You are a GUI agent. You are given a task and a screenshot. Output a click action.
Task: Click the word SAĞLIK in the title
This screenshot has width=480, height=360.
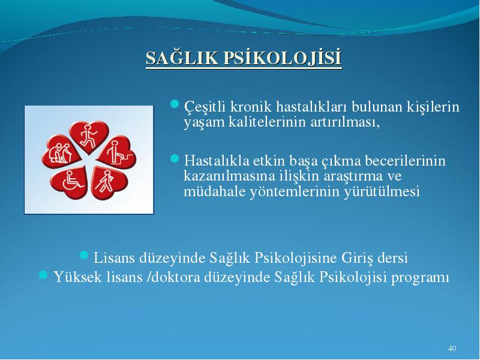pos(182,58)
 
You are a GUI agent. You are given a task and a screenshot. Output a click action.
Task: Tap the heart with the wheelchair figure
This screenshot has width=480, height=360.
pos(70,182)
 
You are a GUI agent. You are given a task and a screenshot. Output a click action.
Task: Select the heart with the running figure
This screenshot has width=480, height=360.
pos(89,136)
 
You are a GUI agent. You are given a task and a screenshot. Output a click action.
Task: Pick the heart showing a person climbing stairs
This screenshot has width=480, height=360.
pos(118,152)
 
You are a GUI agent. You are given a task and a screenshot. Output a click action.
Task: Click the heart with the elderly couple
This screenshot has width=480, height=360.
pos(61,152)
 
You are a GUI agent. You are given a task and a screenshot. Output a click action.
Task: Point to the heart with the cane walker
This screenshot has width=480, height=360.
pos(109,183)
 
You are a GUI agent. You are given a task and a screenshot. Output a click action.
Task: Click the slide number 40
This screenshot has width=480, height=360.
pos(452,348)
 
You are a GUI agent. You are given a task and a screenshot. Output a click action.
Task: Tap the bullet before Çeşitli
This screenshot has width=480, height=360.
pos(174,104)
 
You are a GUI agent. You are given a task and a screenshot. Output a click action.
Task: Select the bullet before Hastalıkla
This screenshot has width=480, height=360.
pos(174,158)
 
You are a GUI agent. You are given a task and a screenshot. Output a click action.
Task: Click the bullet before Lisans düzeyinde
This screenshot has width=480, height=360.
pos(84,255)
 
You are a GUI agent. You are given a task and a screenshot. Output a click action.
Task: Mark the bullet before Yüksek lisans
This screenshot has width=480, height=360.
pos(43,275)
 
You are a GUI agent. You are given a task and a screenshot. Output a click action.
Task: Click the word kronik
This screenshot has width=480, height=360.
pos(251,107)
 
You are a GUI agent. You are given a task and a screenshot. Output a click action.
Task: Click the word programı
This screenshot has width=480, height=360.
pos(420,278)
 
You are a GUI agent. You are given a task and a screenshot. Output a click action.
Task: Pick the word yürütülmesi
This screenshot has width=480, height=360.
pos(382,191)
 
